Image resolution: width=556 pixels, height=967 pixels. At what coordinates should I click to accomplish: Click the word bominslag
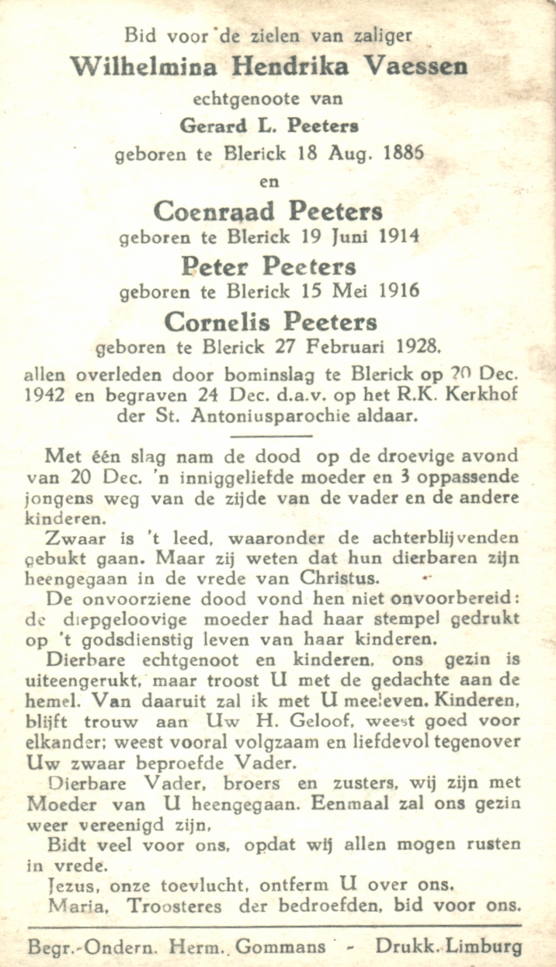click(x=258, y=374)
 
